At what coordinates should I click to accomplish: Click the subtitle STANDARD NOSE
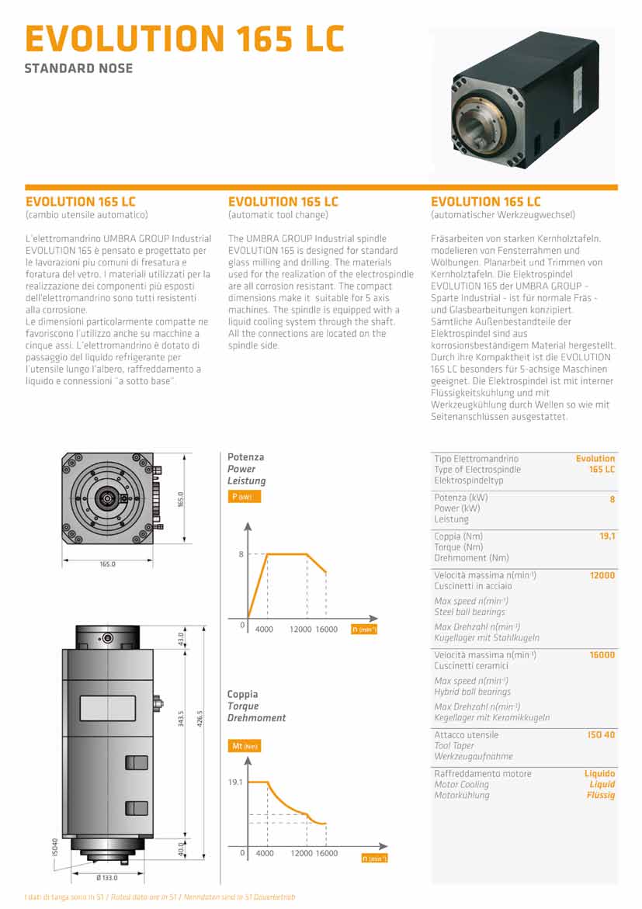tap(78, 68)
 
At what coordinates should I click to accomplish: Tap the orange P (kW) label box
tap(244, 497)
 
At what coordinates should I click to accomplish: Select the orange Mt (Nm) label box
tap(246, 746)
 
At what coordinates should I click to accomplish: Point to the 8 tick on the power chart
tap(241, 554)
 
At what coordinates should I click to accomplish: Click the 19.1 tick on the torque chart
tap(236, 782)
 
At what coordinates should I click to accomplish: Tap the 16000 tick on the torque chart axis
tap(327, 853)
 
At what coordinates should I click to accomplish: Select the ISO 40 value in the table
tap(601, 735)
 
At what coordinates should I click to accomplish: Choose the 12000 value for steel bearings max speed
tap(602, 576)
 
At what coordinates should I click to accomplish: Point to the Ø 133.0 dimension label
tap(106, 877)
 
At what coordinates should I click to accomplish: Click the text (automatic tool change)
tap(278, 215)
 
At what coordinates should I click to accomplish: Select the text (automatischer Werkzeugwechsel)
tap(502, 215)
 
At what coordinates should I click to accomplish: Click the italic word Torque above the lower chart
tap(242, 706)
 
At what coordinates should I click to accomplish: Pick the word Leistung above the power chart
tap(246, 481)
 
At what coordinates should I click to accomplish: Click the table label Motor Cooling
tap(461, 785)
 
